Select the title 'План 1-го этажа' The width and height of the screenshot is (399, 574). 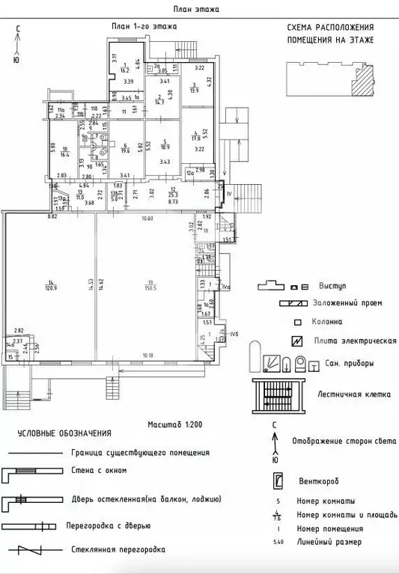pyautogui.click(x=144, y=27)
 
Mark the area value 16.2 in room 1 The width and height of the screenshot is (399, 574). pyautogui.click(x=125, y=71)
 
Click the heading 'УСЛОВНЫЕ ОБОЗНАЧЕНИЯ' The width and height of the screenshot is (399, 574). pyautogui.click(x=65, y=433)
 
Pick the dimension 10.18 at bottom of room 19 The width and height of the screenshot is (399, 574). pyautogui.click(x=147, y=355)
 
